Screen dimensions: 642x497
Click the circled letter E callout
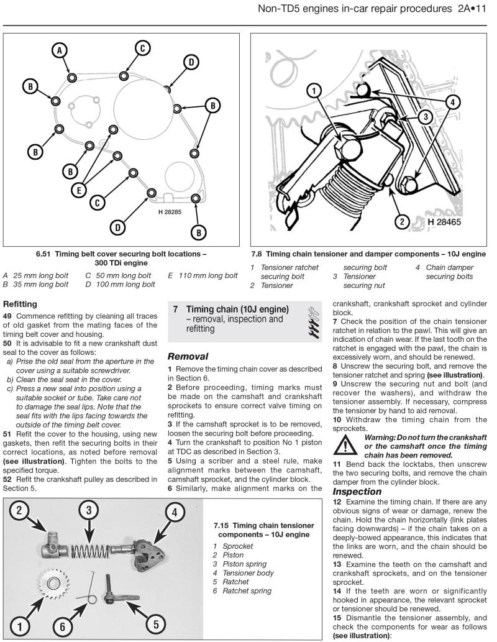[x=78, y=191]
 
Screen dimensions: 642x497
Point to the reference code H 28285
[x=166, y=211]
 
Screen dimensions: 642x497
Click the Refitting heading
[x=22, y=305]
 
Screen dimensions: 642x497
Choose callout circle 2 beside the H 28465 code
[x=402, y=221]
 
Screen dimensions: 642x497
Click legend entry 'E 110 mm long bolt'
[x=203, y=275]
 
